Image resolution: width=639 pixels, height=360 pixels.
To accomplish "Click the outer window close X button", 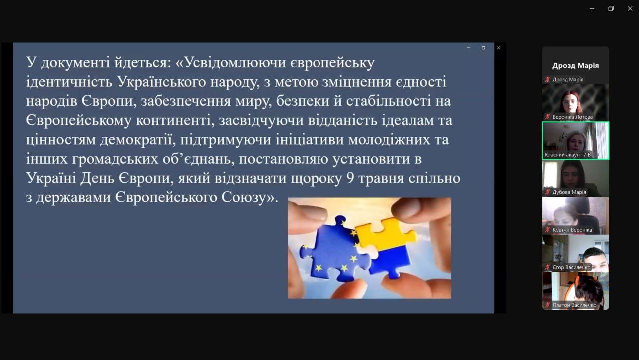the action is coord(630,9).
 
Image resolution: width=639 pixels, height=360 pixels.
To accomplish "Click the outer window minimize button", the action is coord(592,9).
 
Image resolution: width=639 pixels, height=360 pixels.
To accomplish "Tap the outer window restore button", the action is coord(611,9).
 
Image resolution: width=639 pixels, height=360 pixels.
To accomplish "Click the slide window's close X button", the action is coord(498,48).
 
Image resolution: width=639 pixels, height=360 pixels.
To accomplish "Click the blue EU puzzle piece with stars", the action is coord(334,249).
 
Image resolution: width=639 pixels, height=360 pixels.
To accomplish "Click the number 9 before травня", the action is coord(350,178).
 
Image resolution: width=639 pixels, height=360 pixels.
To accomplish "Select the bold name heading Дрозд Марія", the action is coord(575,65).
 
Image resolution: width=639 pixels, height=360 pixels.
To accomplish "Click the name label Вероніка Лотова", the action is coord(572,117).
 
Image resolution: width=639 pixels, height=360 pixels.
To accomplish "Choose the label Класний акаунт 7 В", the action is coord(568,155).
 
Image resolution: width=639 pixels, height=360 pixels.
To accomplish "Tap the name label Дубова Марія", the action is coord(569,192).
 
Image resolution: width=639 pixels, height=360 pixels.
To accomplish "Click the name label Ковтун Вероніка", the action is coord(572,230).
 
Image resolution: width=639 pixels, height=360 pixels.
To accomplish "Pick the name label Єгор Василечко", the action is coord(571,267).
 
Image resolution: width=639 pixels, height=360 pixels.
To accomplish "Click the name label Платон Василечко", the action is coord(574,305).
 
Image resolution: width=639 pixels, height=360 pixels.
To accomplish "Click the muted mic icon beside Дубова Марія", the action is coord(548,192).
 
